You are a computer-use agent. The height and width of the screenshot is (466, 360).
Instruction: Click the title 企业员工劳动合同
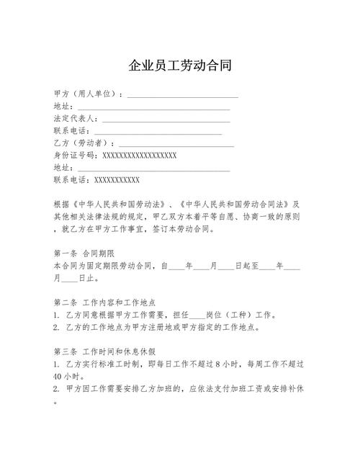pyautogui.click(x=180, y=66)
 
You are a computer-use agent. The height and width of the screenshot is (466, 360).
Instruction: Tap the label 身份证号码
pyautogui.click(x=74, y=155)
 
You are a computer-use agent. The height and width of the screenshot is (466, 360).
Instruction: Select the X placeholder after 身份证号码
pyautogui.click(x=140, y=155)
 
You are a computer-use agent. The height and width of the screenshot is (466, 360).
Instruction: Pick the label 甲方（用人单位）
pyautogui.click(x=87, y=94)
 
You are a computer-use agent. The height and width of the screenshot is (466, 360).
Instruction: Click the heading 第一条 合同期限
pyautogui.click(x=84, y=253)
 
